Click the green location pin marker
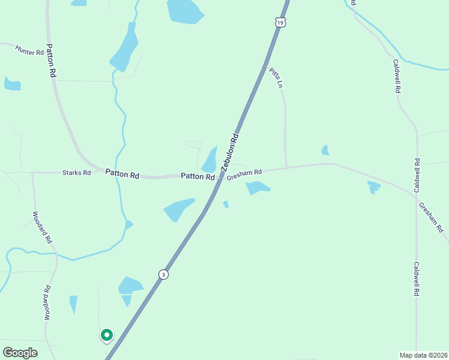tap(106, 335)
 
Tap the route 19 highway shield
tap(281, 22)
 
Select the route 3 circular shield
tap(163, 274)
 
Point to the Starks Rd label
tap(76, 173)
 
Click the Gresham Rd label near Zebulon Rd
tap(244, 173)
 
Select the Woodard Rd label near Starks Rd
tap(42, 227)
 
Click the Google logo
tap(20, 353)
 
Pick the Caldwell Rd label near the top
tap(396, 75)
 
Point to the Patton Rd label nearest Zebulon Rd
tap(198, 177)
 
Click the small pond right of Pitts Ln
tap(325, 150)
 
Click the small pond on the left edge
tap(12, 83)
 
